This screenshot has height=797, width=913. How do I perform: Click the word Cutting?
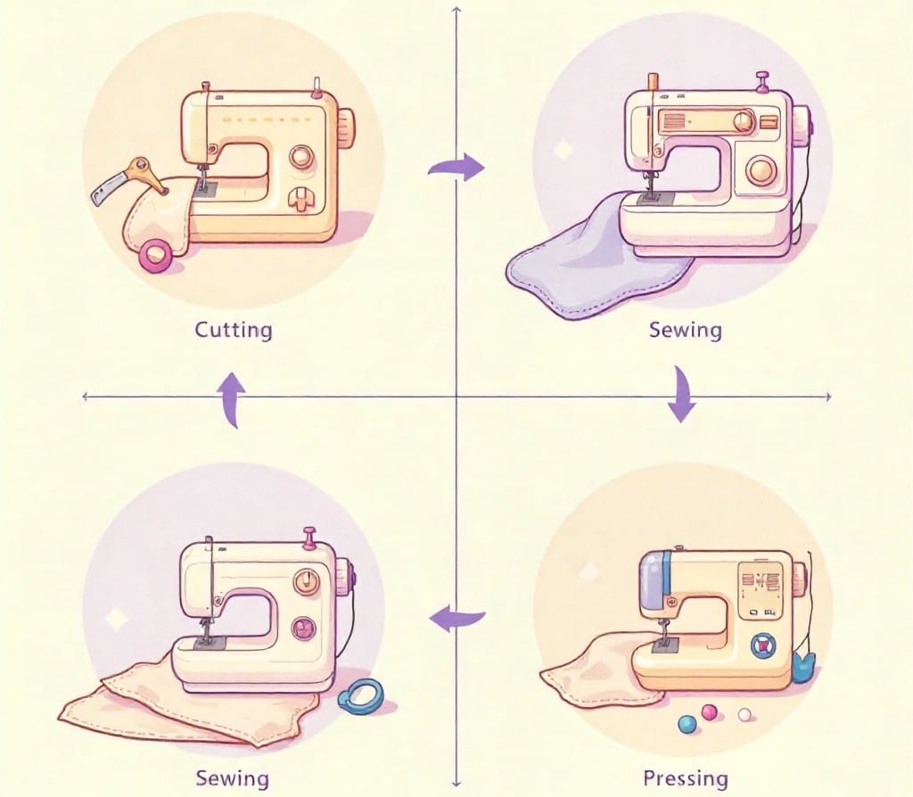point(234,330)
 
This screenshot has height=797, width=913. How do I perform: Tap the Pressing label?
point(685,778)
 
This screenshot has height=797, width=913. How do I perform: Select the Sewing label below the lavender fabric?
point(685,330)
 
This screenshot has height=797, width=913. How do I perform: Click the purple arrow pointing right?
point(456,167)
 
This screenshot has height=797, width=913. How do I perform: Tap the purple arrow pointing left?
point(457,615)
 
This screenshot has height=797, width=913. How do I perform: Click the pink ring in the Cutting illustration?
point(157,255)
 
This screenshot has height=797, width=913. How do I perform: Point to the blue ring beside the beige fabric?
point(360,696)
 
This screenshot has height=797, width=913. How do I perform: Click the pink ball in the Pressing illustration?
point(711,711)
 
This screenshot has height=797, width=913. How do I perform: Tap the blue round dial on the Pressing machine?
point(762,645)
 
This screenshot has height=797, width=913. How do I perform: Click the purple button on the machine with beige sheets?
point(305,629)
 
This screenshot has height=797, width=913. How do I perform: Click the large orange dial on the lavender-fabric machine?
point(761,169)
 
